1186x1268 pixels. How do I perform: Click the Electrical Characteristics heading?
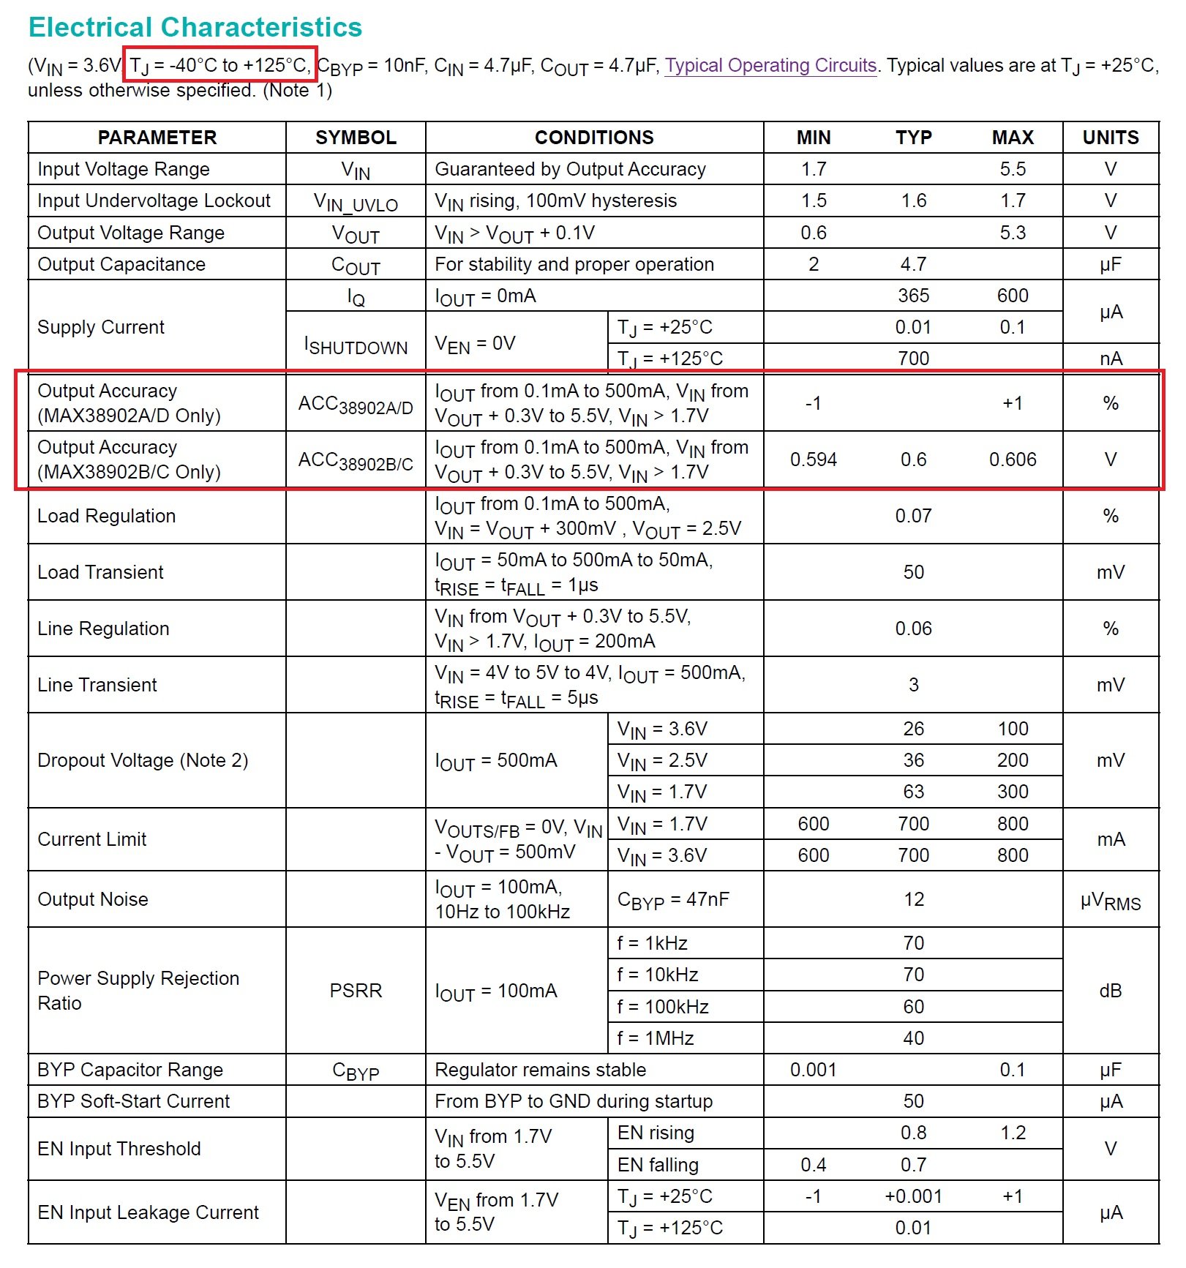[195, 27]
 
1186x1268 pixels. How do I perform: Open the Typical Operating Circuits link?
[770, 65]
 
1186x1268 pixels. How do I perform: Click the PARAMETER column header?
[157, 138]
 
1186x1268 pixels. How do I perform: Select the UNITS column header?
[1111, 138]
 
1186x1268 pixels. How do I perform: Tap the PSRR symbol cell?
[356, 991]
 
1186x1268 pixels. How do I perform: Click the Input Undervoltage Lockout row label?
[154, 200]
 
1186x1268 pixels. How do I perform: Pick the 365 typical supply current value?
[913, 296]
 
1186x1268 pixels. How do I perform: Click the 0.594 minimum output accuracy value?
[814, 459]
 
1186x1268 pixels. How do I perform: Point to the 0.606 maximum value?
[1013, 459]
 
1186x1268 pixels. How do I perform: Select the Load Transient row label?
[100, 572]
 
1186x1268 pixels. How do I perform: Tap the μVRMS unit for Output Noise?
[1111, 900]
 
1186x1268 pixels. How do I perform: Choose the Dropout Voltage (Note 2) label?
[143, 760]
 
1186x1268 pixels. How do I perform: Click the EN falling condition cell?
[658, 1165]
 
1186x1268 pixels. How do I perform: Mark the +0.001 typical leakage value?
[913, 1196]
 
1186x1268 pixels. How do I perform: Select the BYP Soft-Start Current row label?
[133, 1101]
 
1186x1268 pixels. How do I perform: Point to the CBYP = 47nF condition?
[673, 899]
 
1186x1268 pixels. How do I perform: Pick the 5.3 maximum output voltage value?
[1013, 233]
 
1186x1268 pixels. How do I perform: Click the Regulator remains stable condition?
[540, 1070]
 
